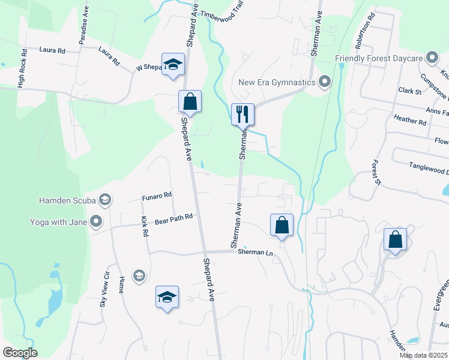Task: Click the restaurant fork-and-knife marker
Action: tap(243, 114)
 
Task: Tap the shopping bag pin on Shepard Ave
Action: tap(190, 102)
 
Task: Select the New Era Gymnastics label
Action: tap(277, 82)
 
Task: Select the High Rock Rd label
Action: tap(22, 68)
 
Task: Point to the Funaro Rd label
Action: tap(157, 195)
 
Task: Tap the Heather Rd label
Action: tap(410, 120)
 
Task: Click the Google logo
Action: tap(20, 353)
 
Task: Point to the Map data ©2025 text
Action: tap(423, 355)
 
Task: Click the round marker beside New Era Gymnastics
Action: tap(325, 81)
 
